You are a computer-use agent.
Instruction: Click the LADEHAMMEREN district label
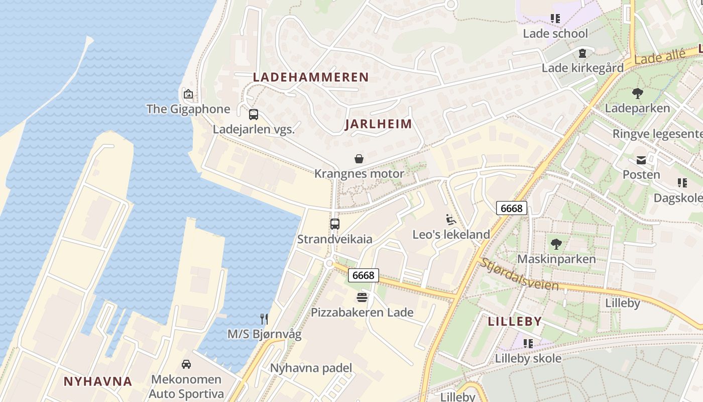(311, 77)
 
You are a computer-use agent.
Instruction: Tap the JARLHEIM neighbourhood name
(378, 124)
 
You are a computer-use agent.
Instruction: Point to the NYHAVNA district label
(98, 381)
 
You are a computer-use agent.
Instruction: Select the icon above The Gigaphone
(188, 94)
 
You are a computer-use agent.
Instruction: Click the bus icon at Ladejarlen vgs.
(254, 114)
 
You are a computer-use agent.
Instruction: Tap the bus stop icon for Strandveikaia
(335, 224)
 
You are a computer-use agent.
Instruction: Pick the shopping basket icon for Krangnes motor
(359, 159)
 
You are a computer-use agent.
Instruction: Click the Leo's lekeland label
(451, 235)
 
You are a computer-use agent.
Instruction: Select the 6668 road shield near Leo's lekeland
(512, 208)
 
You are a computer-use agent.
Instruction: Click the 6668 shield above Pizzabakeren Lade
(363, 275)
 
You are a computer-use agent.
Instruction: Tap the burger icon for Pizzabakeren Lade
(362, 297)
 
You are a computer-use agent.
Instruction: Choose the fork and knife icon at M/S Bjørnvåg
(264, 319)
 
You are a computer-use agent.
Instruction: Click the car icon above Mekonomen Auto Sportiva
(186, 364)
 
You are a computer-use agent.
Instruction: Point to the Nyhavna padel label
(311, 368)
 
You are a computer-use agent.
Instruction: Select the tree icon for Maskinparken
(556, 244)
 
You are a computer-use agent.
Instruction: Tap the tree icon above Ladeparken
(637, 93)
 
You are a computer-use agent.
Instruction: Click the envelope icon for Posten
(641, 160)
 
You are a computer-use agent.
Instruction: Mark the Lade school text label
(555, 34)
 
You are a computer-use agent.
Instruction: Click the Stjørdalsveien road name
(519, 274)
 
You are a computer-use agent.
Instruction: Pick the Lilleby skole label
(528, 359)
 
